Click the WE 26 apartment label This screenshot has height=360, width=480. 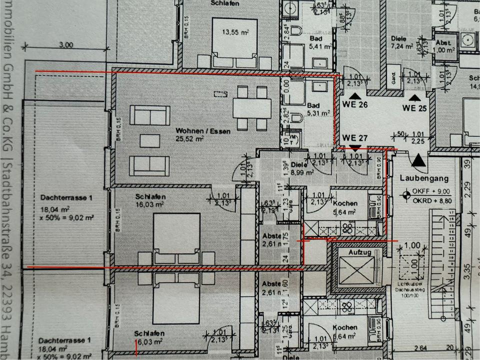[355, 105]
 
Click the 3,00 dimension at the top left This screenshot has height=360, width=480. [65, 44]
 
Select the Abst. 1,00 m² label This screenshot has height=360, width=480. [444, 46]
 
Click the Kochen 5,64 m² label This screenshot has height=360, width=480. [344, 207]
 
